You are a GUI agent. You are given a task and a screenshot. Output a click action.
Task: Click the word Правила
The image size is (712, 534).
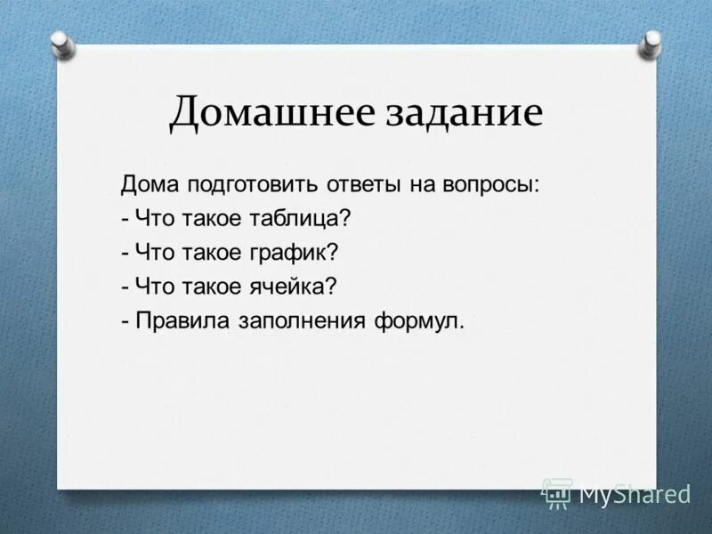(x=182, y=320)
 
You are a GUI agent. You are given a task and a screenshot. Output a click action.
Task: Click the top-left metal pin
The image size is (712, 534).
(x=61, y=41)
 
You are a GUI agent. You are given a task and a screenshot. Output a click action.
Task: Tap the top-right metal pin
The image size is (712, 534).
(x=652, y=41)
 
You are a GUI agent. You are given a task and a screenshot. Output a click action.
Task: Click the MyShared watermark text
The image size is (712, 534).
(x=635, y=494)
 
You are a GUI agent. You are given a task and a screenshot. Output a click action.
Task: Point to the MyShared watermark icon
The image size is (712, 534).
(x=557, y=493)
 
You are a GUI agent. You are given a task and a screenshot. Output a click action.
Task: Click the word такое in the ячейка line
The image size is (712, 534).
(x=209, y=286)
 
